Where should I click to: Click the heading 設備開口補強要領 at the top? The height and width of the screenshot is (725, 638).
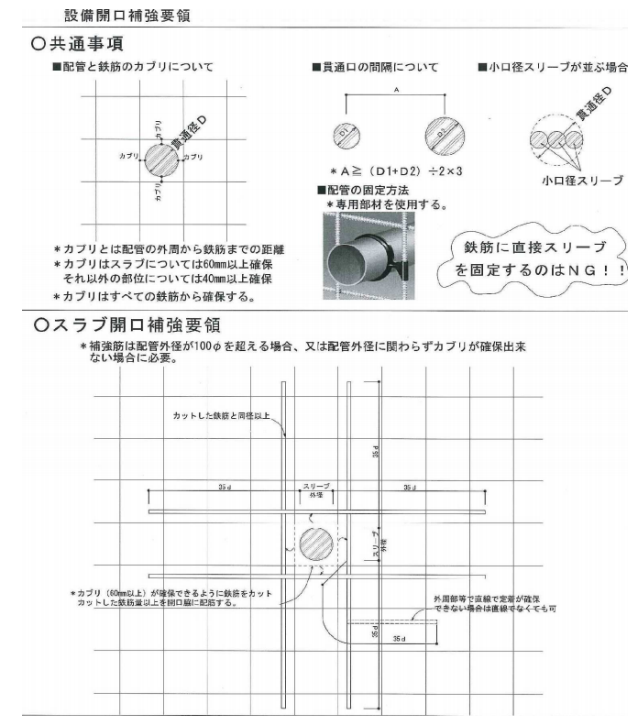pos(127,16)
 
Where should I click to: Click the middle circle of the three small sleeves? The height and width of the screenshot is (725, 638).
pos(556,140)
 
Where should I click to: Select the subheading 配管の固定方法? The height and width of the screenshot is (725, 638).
pos(372,190)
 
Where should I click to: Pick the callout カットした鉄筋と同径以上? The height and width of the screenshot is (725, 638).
pos(222,416)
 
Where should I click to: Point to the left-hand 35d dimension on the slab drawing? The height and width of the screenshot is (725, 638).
pos(225,488)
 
